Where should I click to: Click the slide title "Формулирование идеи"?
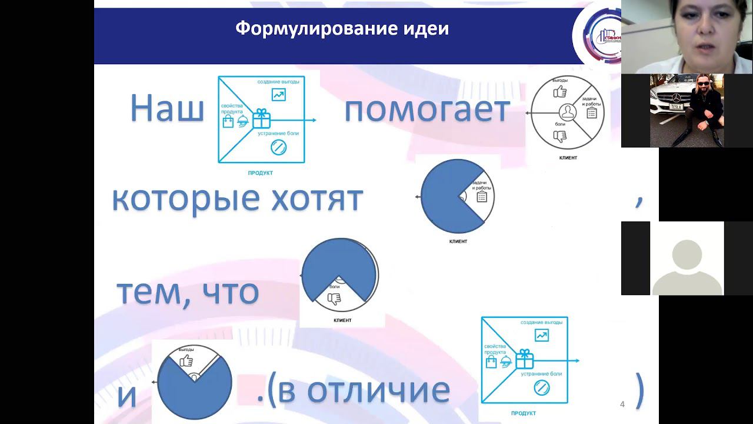tap(342, 28)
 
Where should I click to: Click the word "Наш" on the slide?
tap(166, 109)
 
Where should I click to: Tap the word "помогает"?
tap(427, 109)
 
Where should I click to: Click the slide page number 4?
tap(622, 404)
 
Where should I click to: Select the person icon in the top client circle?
tap(568, 112)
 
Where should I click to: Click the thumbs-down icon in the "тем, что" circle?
tap(334, 299)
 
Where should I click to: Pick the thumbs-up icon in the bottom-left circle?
tap(187, 360)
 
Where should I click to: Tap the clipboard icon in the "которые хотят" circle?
tap(482, 197)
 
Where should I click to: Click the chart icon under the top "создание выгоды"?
tap(278, 94)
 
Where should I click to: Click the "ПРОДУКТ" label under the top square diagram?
tap(261, 173)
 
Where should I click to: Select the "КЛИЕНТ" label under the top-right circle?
tap(568, 158)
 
